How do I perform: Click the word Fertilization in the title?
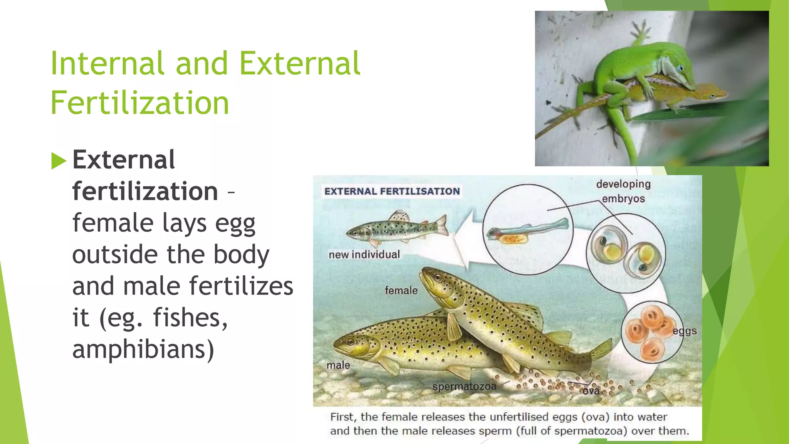pos(140,103)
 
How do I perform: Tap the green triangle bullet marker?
pos(59,161)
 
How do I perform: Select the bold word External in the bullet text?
pos(124,160)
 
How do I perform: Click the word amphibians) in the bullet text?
pos(143,349)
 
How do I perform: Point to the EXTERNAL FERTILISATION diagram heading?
pos(392,191)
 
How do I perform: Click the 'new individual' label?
pos(364,254)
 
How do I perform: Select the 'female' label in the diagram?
pos(401,290)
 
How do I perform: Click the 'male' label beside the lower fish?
pos(338,365)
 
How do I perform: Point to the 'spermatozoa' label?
pos(464,386)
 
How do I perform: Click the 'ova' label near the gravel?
pos(591,391)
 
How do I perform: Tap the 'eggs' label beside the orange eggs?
pos(685,331)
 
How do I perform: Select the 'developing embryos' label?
pos(623,191)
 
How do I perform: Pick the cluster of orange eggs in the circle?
pos(649,331)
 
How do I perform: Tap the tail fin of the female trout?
pos(602,351)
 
